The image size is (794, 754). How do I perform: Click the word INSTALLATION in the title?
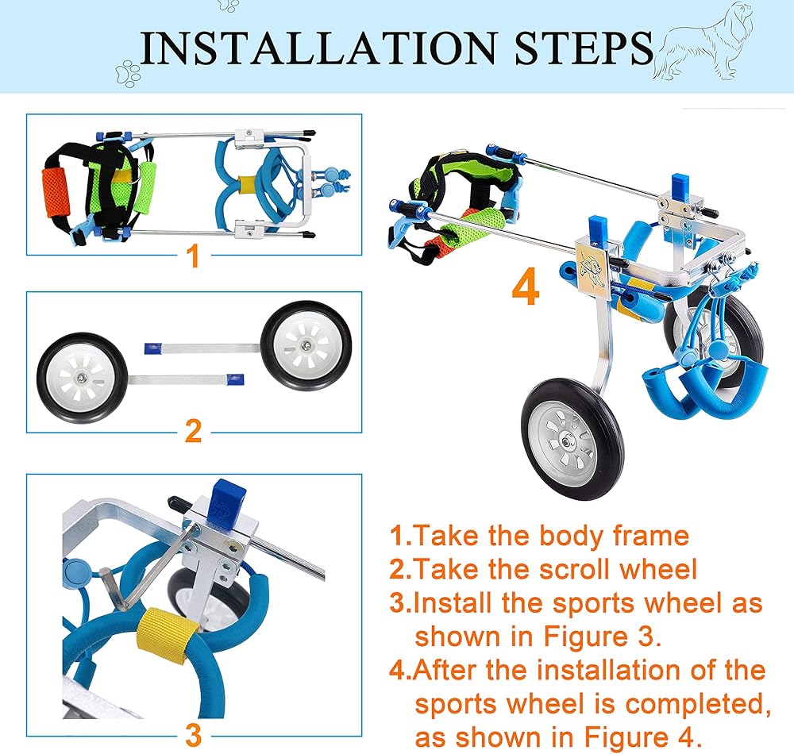(x=317, y=48)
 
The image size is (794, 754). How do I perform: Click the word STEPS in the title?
(x=584, y=48)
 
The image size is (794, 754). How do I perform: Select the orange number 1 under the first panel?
(x=194, y=256)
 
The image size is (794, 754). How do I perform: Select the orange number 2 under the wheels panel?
(x=194, y=431)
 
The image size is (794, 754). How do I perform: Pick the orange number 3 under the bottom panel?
(x=194, y=735)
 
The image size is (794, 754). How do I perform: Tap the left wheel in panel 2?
(x=82, y=378)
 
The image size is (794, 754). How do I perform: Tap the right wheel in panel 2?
(x=306, y=346)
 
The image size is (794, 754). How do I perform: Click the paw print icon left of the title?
(x=128, y=73)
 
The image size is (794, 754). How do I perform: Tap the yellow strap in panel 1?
(x=247, y=185)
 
